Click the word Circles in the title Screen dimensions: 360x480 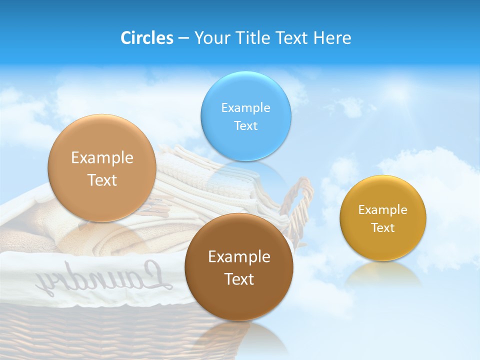[x=146, y=38]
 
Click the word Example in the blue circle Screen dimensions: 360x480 [x=245, y=108]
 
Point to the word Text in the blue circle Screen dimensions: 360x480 [x=245, y=126]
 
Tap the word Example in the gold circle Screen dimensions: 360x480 [x=383, y=210]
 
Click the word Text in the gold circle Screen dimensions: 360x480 [x=383, y=228]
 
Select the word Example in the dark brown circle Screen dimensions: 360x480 [x=239, y=257]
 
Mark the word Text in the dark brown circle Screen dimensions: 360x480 [x=239, y=279]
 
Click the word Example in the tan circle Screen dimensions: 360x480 [x=102, y=158]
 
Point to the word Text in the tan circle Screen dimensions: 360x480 [x=102, y=180]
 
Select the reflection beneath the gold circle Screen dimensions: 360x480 [x=383, y=275]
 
